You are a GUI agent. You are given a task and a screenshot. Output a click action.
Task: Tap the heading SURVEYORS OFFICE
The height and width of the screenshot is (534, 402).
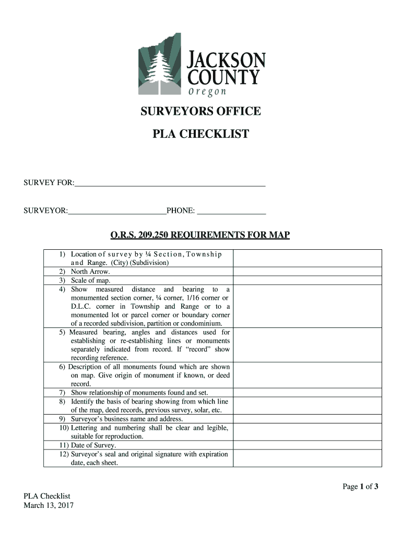pos(200,112)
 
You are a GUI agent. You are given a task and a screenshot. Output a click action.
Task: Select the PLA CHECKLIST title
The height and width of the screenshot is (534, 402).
pos(200,135)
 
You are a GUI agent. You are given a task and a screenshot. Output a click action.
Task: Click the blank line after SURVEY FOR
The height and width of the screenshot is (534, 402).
pos(170,183)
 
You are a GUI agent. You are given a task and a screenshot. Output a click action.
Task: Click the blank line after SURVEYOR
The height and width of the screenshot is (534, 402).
pos(116,211)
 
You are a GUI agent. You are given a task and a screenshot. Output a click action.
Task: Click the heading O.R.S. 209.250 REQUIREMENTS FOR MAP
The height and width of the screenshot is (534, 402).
pos(200,235)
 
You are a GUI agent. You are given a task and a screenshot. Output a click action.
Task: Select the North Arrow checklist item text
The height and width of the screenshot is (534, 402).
pos(90,272)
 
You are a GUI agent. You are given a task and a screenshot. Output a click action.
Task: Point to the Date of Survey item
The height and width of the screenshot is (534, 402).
pos(93,445)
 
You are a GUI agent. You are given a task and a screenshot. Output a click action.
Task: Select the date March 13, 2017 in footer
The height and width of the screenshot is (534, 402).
pos(49,505)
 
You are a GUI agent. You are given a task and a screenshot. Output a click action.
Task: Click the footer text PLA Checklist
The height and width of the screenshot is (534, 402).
pos(47,496)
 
